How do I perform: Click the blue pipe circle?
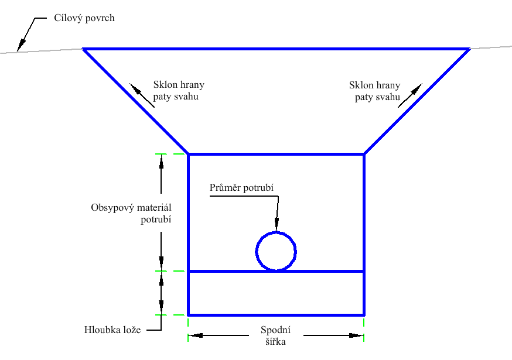tap(276, 251)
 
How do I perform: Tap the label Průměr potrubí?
tap(242, 187)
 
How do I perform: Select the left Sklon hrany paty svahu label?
tap(178, 90)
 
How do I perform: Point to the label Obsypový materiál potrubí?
tap(135, 214)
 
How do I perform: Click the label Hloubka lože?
tap(112, 330)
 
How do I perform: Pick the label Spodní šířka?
tap(276, 336)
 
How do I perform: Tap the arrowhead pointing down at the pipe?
tap(277, 224)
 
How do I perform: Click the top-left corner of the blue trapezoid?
tap(84, 49)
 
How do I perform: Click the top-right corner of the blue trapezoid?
tap(469, 49)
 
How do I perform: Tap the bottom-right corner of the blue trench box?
tap(364, 314)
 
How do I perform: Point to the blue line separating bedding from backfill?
tap(328, 271)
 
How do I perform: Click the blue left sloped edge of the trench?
tap(136, 101)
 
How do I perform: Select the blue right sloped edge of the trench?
tap(417, 101)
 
